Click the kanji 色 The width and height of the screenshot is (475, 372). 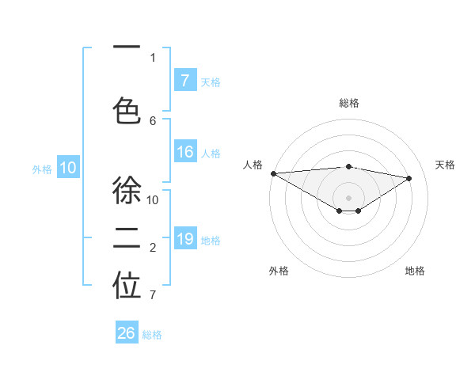point(127,111)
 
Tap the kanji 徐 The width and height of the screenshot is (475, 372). point(127,191)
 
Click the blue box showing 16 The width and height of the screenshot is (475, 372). point(184,152)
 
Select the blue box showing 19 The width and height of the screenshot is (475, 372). point(184,239)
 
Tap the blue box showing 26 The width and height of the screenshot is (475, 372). point(127,333)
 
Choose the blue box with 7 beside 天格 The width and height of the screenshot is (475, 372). point(184,80)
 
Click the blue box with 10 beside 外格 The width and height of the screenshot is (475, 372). point(68,167)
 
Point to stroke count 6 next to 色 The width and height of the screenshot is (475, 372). point(153,120)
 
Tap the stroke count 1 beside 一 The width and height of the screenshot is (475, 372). point(153,57)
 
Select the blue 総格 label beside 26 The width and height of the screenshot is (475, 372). point(153,335)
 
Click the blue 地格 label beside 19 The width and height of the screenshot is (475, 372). point(211,241)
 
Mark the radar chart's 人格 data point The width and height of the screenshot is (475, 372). point(273,173)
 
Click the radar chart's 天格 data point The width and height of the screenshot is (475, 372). point(409,178)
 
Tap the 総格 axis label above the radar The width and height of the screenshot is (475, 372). point(348,103)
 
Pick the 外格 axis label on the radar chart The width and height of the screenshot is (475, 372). point(279,271)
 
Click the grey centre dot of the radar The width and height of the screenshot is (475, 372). point(348,197)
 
